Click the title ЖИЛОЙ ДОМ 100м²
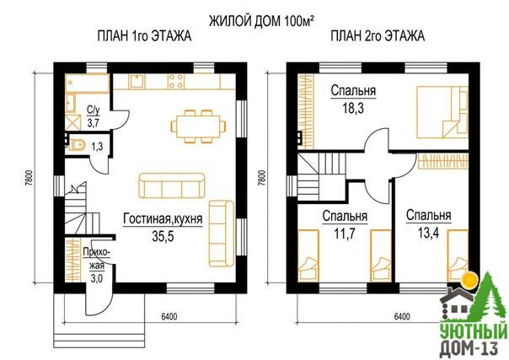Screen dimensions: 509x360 [261, 21]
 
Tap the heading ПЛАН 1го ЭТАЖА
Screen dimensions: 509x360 [144, 35]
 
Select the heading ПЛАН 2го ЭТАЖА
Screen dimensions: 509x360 [378, 35]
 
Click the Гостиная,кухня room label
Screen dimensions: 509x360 [163, 219]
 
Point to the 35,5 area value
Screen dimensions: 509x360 [163, 236]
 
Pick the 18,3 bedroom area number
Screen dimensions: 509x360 [353, 108]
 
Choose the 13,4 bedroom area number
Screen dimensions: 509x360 [428, 233]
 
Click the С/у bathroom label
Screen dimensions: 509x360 [94, 110]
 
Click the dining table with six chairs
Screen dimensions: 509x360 [198, 126]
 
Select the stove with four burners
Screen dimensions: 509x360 [176, 81]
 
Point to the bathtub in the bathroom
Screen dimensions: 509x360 [87, 83]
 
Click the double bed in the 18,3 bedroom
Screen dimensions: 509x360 [442, 112]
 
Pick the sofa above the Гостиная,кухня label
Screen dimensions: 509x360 [172, 185]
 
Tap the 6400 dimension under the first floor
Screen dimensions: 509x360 [169, 316]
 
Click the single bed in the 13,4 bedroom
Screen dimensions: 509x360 [458, 255]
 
